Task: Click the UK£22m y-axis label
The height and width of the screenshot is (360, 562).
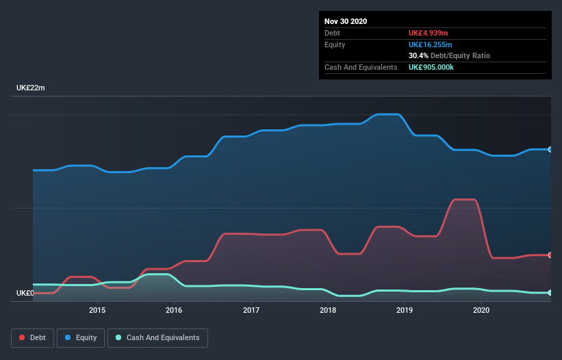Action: coord(31,88)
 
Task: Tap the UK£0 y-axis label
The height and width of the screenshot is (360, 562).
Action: coord(25,293)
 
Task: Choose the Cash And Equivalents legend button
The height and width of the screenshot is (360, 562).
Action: coord(157,337)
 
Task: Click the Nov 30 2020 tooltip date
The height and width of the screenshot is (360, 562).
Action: coord(346,21)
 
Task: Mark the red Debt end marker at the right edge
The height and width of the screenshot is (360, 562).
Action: coord(550,255)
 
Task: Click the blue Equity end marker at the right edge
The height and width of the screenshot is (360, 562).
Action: coord(550,149)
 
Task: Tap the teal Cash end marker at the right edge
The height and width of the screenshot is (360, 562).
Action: coord(550,293)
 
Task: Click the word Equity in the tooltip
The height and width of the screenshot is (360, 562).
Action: coord(335,44)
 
